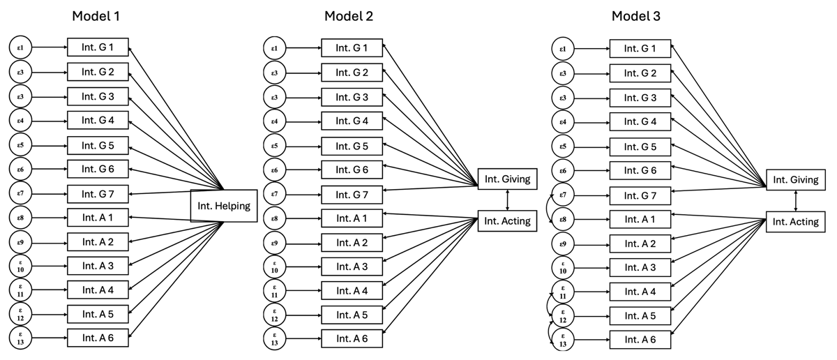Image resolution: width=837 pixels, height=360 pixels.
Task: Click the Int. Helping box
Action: (x=223, y=206)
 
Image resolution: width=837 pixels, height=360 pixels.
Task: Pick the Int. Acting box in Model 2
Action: (x=507, y=222)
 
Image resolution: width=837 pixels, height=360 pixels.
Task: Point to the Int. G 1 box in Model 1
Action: (x=98, y=48)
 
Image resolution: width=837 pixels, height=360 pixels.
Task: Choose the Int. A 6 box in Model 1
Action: (x=98, y=338)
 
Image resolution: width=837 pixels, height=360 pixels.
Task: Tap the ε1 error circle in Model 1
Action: (x=21, y=48)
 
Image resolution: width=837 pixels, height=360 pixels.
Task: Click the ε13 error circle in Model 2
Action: (x=274, y=339)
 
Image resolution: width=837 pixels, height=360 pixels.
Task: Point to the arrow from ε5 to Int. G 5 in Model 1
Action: (x=49, y=145)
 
